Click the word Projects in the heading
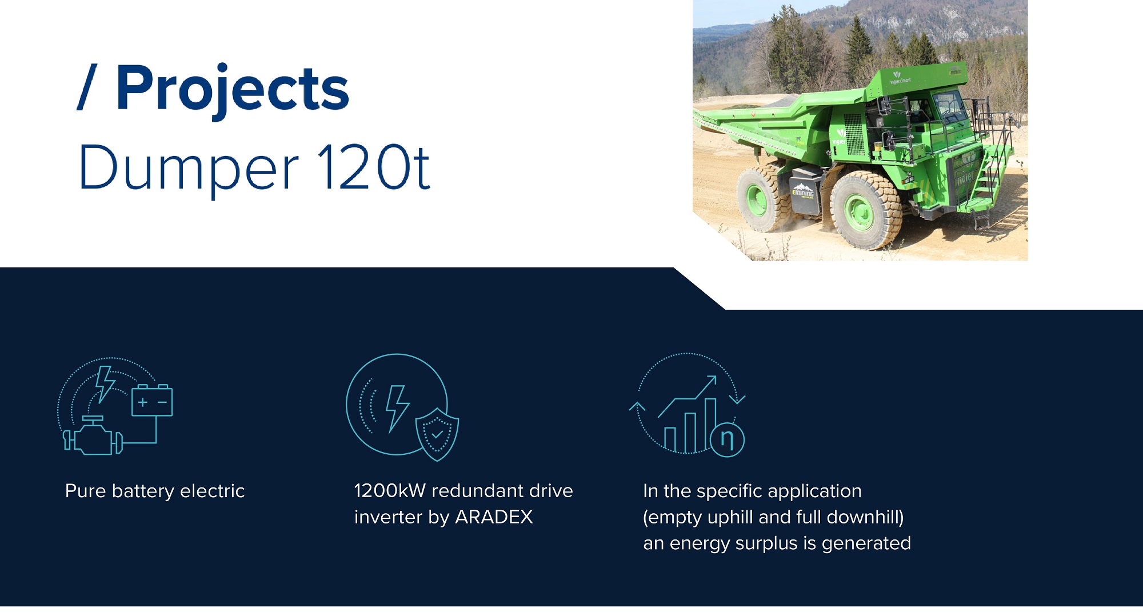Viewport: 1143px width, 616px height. coord(233,90)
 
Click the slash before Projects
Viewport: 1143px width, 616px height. coord(87,87)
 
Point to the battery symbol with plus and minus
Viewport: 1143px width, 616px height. coord(152,401)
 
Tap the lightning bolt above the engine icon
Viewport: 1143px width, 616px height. coord(105,384)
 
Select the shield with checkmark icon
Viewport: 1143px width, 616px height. coord(437,434)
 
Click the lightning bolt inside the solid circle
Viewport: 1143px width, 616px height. coord(398,408)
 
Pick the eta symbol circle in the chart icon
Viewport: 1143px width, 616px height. coord(727,439)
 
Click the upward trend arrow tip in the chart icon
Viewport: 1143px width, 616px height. coord(714,377)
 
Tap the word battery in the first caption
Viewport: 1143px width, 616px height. coord(143,491)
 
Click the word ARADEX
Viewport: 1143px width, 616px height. coord(494,517)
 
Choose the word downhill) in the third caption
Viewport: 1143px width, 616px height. coord(865,517)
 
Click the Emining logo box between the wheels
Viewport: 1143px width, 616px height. coord(803,191)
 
